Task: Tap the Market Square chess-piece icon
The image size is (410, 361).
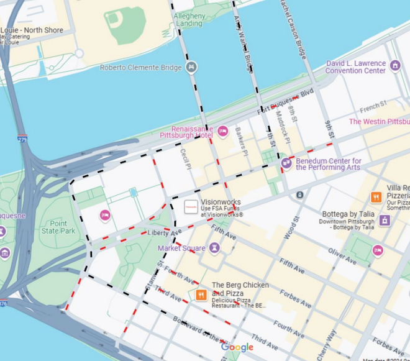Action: (215, 249)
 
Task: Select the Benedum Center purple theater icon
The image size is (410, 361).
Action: (286, 163)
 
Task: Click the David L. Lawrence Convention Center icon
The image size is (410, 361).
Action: (396, 65)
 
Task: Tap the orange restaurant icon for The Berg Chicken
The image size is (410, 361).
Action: (201, 295)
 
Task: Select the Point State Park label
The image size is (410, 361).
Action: (58, 227)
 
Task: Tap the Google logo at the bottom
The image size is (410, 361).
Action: (237, 347)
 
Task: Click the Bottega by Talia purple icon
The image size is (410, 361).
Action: (385, 220)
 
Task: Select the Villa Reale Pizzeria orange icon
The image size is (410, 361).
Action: (376, 198)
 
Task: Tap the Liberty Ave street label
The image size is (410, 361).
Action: (163, 233)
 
